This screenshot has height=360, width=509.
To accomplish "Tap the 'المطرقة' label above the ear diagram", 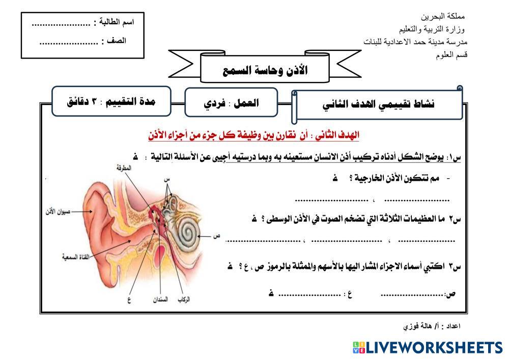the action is (124, 168).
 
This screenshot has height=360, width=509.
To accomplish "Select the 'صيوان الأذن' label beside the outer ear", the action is (58, 212).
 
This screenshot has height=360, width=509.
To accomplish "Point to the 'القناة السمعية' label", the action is (76, 257).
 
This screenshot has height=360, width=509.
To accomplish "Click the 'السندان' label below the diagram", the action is (160, 299).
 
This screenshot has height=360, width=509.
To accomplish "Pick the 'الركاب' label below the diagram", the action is (184, 299).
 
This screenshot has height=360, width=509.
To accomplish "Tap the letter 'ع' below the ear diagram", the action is (129, 299).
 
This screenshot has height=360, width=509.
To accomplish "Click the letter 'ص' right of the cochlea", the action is (216, 236).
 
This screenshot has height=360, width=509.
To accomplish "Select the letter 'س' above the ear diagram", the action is (167, 179).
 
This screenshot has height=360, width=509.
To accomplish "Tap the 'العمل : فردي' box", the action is (231, 102).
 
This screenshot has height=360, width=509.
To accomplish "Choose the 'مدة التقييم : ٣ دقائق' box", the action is (111, 101).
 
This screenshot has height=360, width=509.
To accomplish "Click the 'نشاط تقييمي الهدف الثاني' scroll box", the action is (378, 104).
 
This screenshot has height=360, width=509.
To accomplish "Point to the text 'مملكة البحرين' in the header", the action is (443, 16).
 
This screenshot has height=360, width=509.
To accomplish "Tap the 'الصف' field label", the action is (116, 41).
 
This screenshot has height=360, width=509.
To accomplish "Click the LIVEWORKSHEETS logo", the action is (428, 348).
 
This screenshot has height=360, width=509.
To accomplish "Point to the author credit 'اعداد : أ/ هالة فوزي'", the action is (432, 325).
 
